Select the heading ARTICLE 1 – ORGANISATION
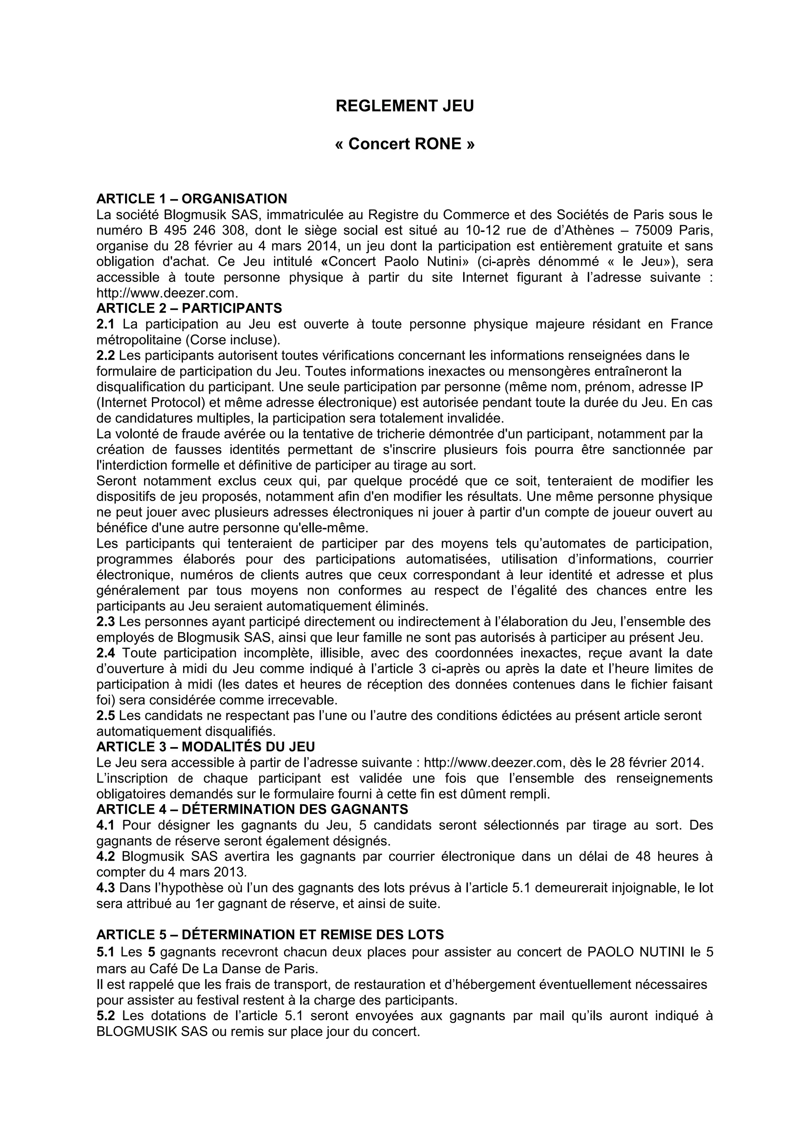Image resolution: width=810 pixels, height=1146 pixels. pyautogui.click(x=191, y=199)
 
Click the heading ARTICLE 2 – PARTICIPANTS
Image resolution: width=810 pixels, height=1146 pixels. pyautogui.click(x=189, y=308)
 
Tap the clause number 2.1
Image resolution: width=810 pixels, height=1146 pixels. pyautogui.click(x=105, y=324)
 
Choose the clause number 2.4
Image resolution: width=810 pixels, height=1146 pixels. pyautogui.click(x=105, y=653)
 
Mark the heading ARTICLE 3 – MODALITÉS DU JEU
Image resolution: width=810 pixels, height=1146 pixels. pyautogui.click(x=206, y=747)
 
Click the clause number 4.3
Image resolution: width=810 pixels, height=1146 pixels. pyautogui.click(x=105, y=888)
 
